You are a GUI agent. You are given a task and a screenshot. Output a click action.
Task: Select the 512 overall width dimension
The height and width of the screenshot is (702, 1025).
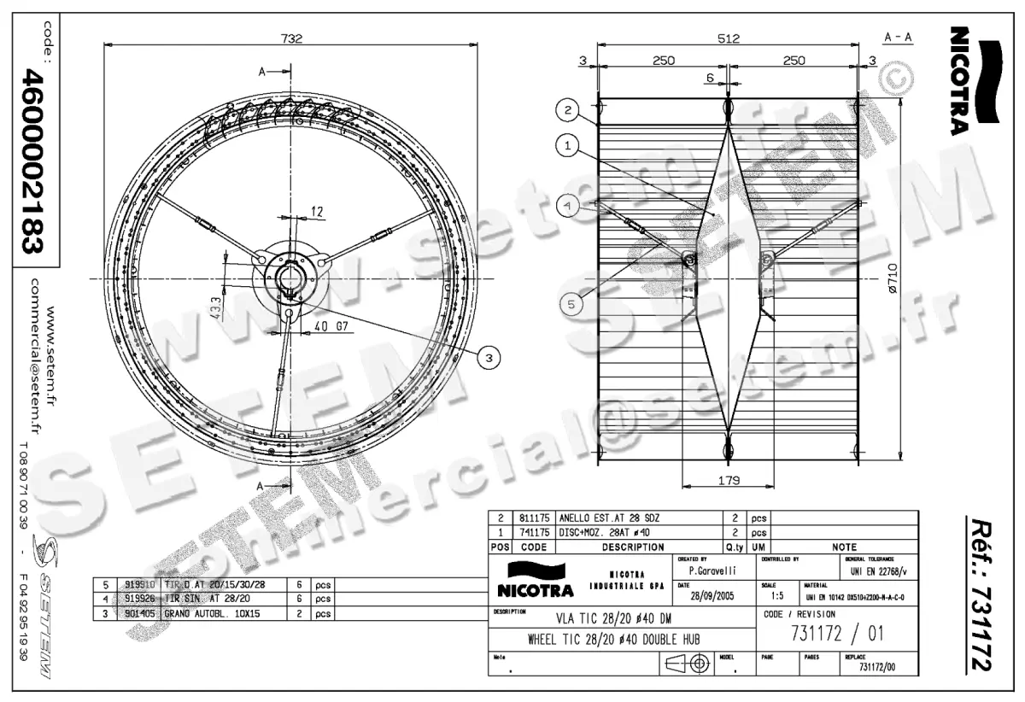click(x=728, y=38)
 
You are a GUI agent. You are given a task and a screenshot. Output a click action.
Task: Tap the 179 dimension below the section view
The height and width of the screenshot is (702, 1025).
click(x=728, y=479)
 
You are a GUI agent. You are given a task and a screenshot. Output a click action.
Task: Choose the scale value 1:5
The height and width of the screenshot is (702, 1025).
click(x=776, y=595)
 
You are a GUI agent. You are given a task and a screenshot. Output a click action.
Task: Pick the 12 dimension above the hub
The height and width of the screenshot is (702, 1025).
click(x=317, y=211)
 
